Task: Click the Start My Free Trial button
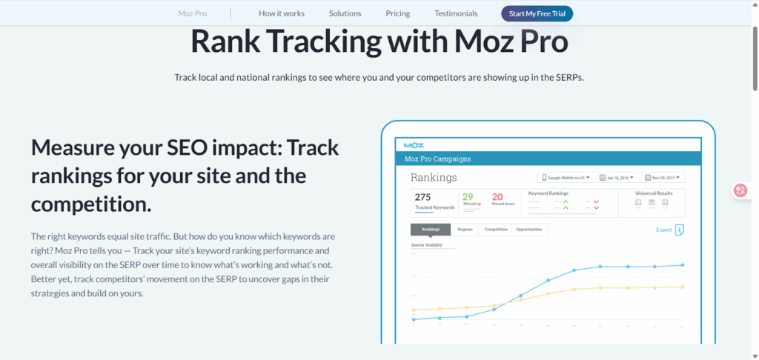537,13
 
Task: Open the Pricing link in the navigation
397,13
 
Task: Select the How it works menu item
282,13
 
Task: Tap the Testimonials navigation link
456,13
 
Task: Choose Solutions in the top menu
345,13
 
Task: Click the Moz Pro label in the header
193,13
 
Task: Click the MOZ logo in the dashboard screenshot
409,144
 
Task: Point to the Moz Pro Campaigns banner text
437,159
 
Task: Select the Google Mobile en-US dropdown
566,178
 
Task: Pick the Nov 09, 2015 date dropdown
664,178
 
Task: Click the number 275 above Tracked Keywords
422,197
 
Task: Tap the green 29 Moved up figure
468,197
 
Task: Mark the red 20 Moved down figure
497,197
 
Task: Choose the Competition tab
496,230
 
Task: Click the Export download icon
680,230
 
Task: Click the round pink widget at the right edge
740,190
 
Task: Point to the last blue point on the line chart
682,264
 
